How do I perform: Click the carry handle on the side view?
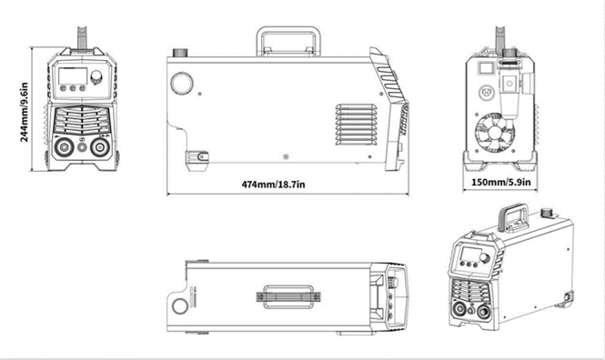tap(287, 40)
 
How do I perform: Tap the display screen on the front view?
tap(72, 74)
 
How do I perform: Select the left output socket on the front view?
tap(64, 146)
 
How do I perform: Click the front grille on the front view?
tap(82, 118)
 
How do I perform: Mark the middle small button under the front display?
tap(72, 88)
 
